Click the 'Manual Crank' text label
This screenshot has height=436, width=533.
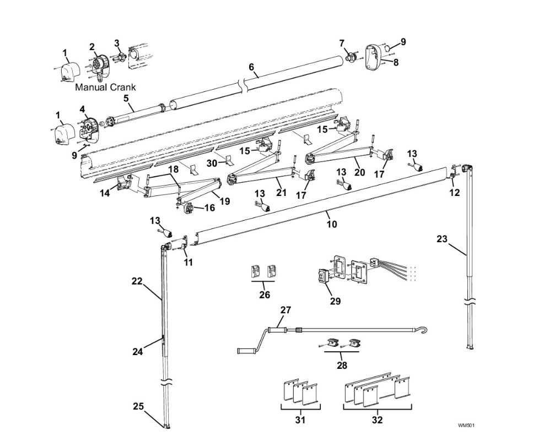tap(105, 87)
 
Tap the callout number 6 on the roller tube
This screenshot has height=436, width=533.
tap(251, 67)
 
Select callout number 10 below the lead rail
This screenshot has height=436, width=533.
tap(331, 224)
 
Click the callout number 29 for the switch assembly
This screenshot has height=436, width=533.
tap(335, 301)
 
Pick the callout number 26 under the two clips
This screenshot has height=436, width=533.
tap(265, 295)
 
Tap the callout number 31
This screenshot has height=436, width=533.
tap(300, 420)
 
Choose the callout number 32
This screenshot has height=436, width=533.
tap(377, 420)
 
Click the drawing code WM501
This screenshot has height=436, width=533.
tap(466, 426)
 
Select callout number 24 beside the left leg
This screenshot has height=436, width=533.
tap(137, 351)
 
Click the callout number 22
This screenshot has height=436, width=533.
tap(137, 281)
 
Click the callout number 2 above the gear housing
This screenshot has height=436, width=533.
tap(92, 47)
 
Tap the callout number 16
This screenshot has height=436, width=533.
tap(210, 208)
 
